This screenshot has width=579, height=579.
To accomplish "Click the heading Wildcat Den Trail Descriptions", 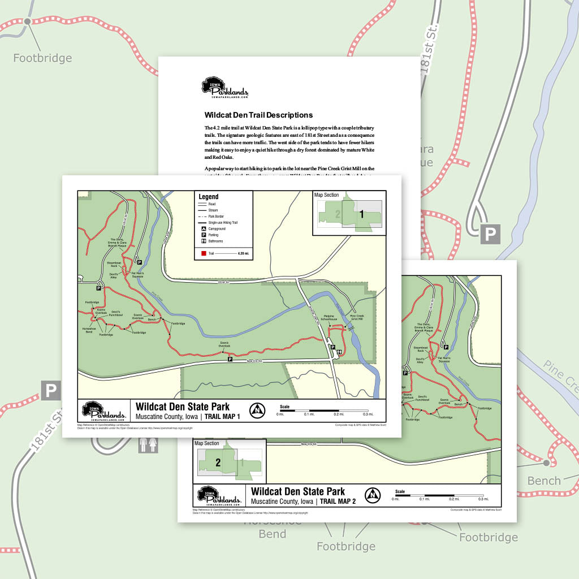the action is pyautogui.click(x=258, y=115).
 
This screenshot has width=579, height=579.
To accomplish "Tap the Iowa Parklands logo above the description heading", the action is pyautogui.click(x=224, y=88).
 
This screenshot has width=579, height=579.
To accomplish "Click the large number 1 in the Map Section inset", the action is pyautogui.click(x=362, y=214).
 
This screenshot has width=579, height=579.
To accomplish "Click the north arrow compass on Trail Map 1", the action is pyautogui.click(x=257, y=410).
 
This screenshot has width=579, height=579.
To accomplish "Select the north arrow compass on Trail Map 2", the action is pyautogui.click(x=372, y=495).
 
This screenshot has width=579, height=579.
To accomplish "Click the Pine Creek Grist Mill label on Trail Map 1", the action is pyautogui.click(x=357, y=318).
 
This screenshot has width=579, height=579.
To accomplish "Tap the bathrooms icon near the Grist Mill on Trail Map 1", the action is pyautogui.click(x=339, y=353).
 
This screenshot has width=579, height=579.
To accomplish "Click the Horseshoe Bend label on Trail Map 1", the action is pyautogui.click(x=90, y=330).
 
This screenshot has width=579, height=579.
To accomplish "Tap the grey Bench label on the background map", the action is pyautogui.click(x=544, y=481).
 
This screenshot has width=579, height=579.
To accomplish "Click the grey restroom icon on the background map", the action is pyautogui.click(x=148, y=445).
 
